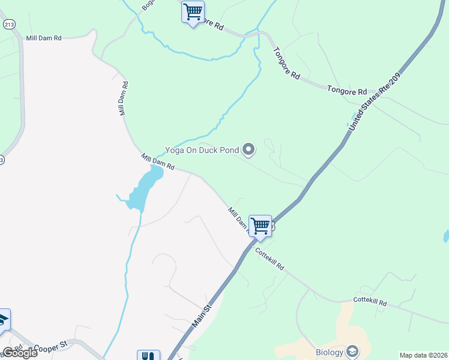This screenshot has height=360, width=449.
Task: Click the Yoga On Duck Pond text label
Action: pos(203,151)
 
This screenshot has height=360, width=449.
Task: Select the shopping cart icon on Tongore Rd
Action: pos(193,13)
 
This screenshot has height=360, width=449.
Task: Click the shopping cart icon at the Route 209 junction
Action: pos(260,227)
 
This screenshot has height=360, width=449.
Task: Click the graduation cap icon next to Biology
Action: pos(354,351)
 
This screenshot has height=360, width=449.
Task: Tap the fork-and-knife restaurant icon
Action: pos(148,356)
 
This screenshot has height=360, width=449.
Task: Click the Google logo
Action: pos(20,353)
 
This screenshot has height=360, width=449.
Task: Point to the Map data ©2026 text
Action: pos(423,355)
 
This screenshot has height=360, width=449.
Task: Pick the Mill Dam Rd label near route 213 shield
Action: pos(44,38)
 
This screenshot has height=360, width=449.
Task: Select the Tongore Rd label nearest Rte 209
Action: pos(347,91)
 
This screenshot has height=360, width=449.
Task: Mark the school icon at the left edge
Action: pos(3,319)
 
